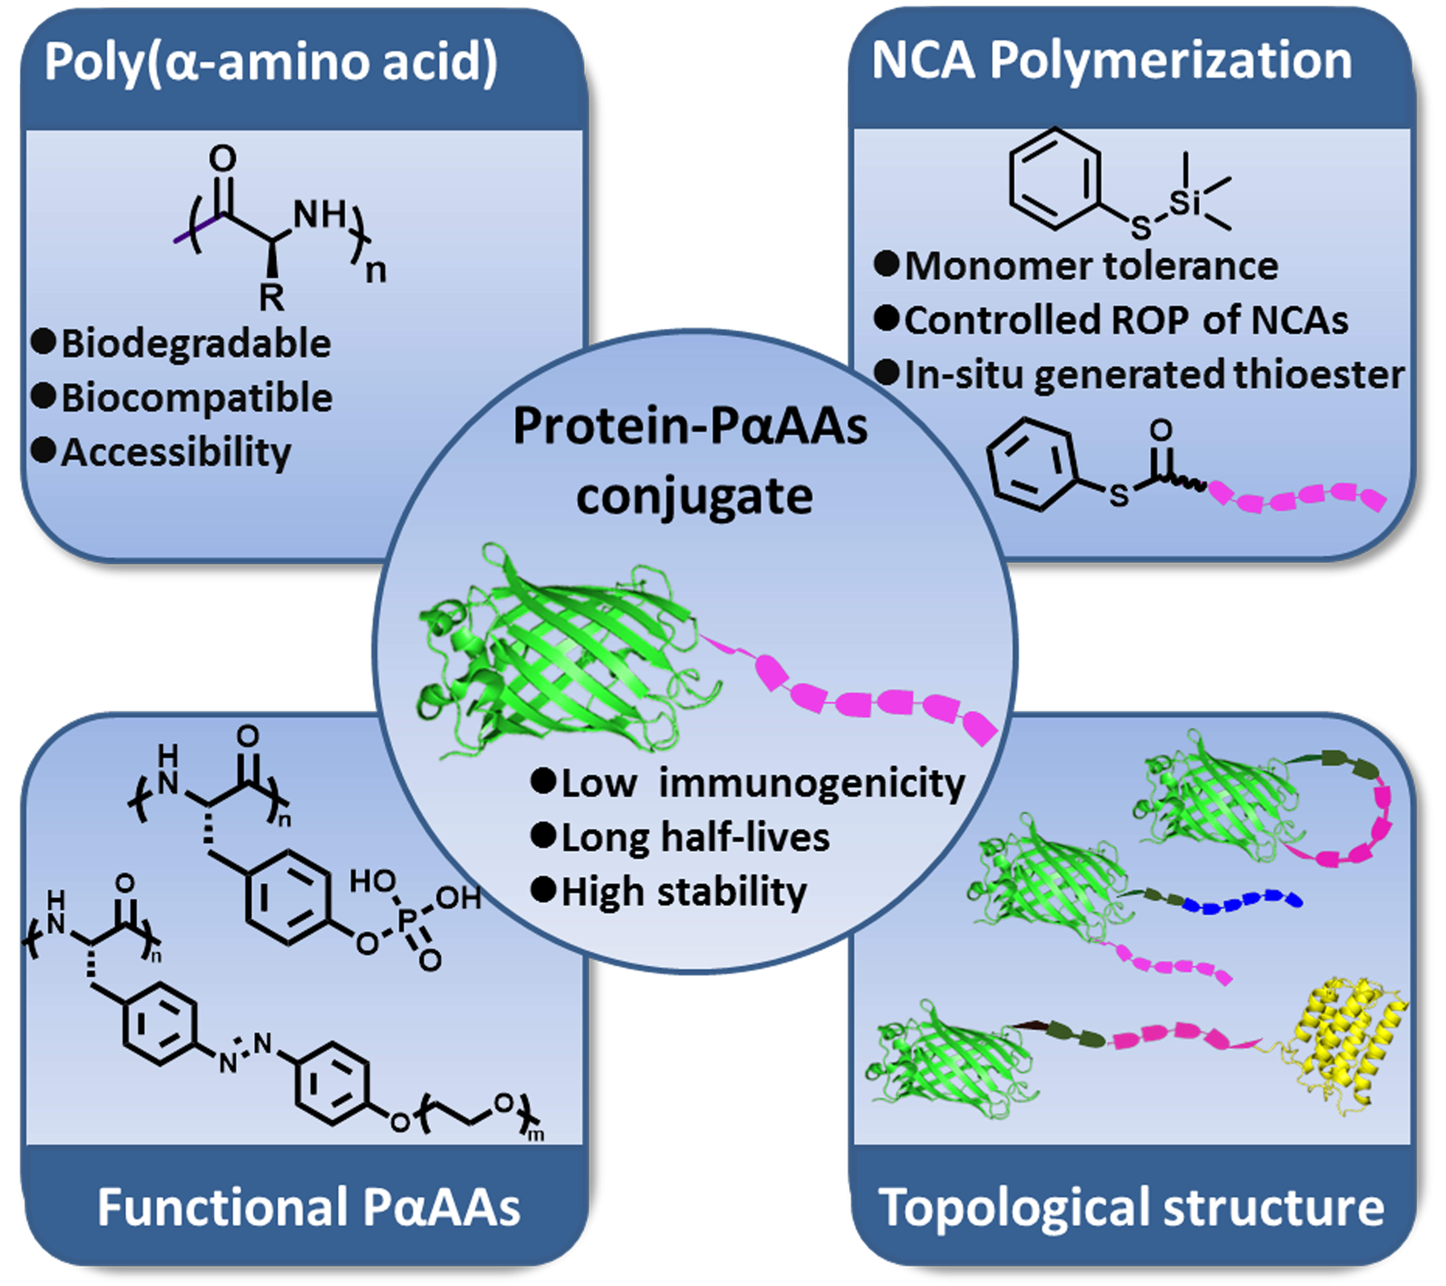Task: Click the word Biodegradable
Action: click(196, 344)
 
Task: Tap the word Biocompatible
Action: click(197, 398)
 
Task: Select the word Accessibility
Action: click(176, 452)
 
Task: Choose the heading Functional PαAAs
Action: click(309, 1207)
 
